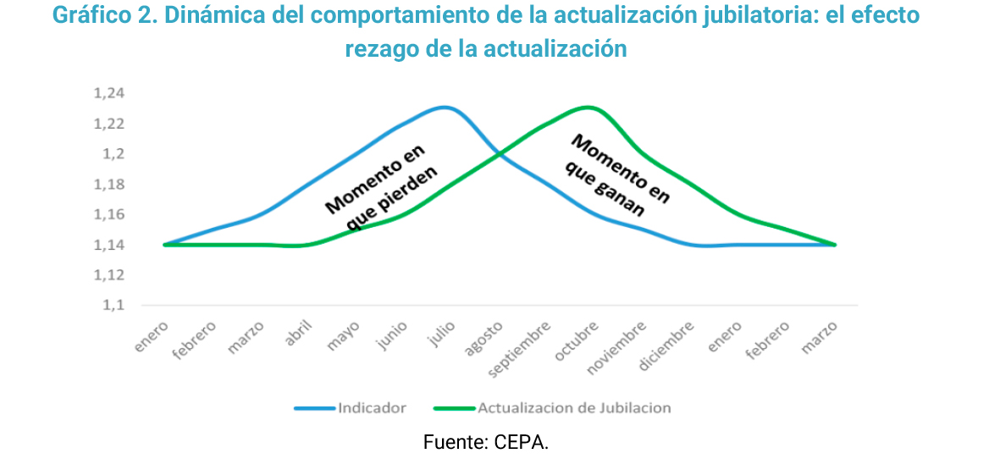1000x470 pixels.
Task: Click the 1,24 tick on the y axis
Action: [x=108, y=94]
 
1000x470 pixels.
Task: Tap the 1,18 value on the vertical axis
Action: [x=108, y=185]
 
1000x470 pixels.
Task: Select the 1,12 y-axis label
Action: [x=108, y=275]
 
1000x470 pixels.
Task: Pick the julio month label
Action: [x=441, y=335]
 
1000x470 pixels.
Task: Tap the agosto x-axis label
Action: [x=486, y=337]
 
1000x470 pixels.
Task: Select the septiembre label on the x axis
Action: [x=524, y=347]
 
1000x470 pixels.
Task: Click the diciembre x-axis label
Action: [x=669, y=345]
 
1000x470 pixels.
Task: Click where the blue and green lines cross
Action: [x=502, y=155]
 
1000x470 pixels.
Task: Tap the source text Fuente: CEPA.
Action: [x=485, y=442]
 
